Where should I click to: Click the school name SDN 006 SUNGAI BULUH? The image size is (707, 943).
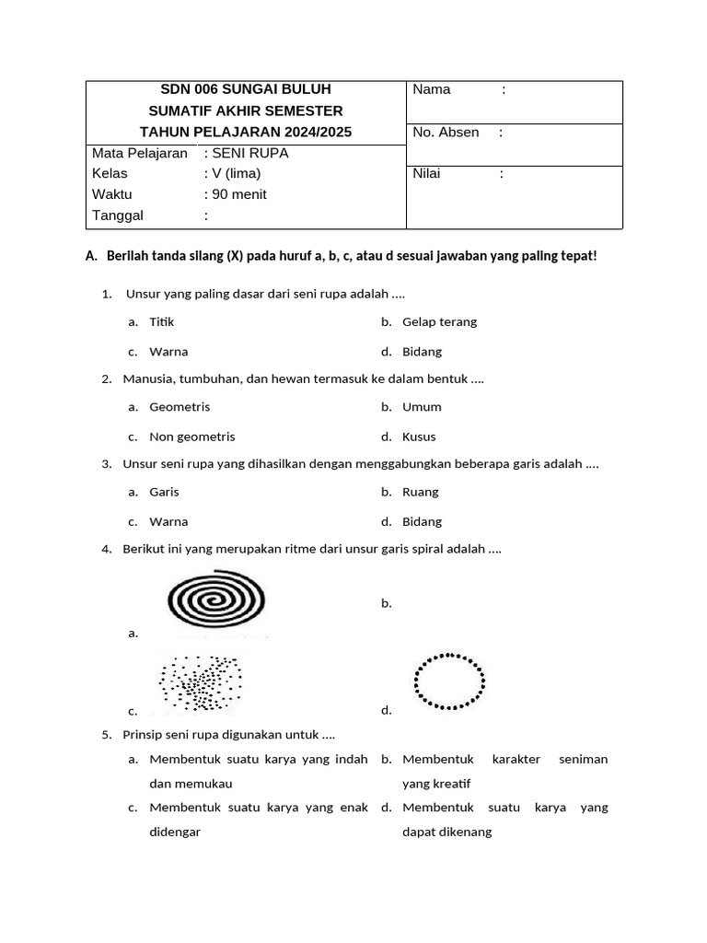[x=245, y=89]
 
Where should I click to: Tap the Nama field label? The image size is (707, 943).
[x=432, y=89]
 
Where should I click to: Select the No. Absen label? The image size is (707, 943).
[x=446, y=133]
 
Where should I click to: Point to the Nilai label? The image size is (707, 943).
[x=426, y=173]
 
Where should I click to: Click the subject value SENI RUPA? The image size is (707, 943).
[x=249, y=153]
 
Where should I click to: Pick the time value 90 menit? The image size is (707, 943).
[x=238, y=194]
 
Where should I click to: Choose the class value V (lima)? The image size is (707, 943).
[x=236, y=173]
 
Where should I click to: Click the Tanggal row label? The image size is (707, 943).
[x=118, y=215]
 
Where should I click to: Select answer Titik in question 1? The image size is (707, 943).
[x=161, y=322]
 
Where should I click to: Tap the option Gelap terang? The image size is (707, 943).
[x=439, y=322]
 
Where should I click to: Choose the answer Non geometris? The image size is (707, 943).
[x=191, y=437]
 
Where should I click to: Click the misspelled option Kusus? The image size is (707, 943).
[x=419, y=437]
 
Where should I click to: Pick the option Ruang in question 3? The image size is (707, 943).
[x=420, y=492]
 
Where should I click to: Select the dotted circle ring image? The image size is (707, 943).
[x=450, y=681]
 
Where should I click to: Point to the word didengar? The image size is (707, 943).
[x=175, y=832]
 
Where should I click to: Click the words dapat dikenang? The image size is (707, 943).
[x=446, y=832]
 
